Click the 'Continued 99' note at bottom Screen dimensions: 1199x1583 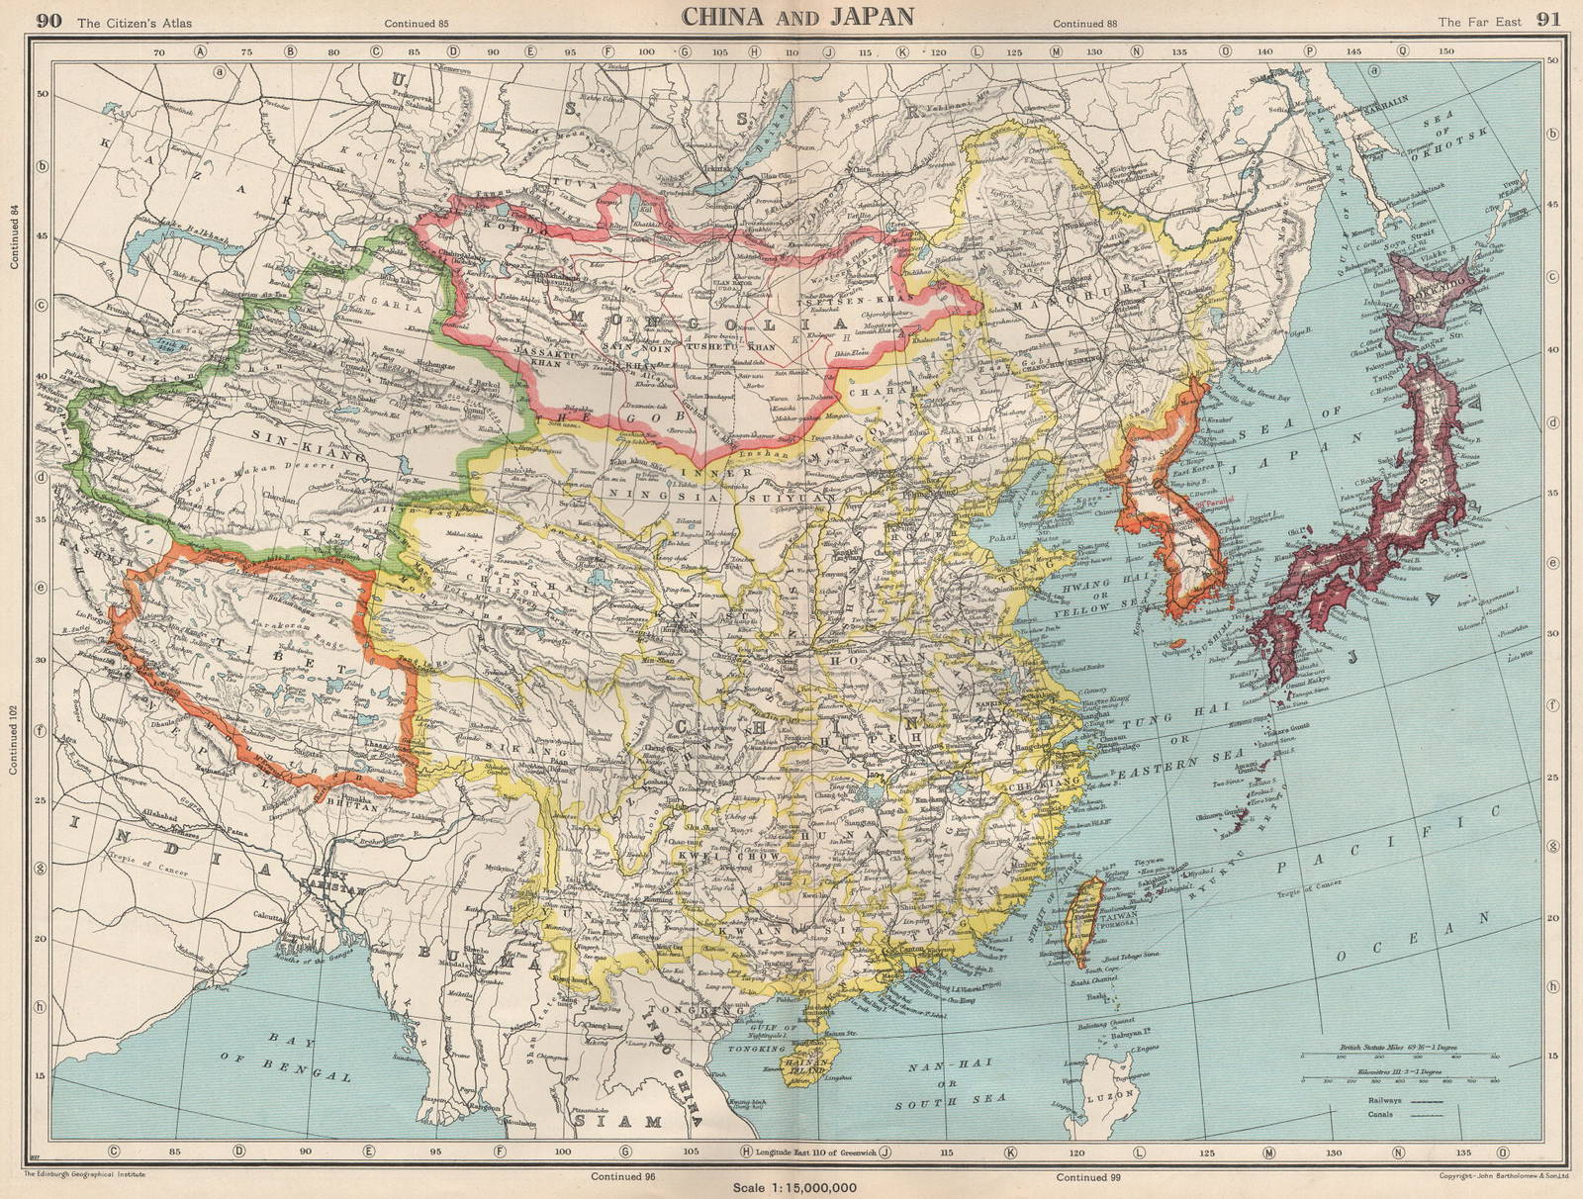pos(1087,1176)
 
